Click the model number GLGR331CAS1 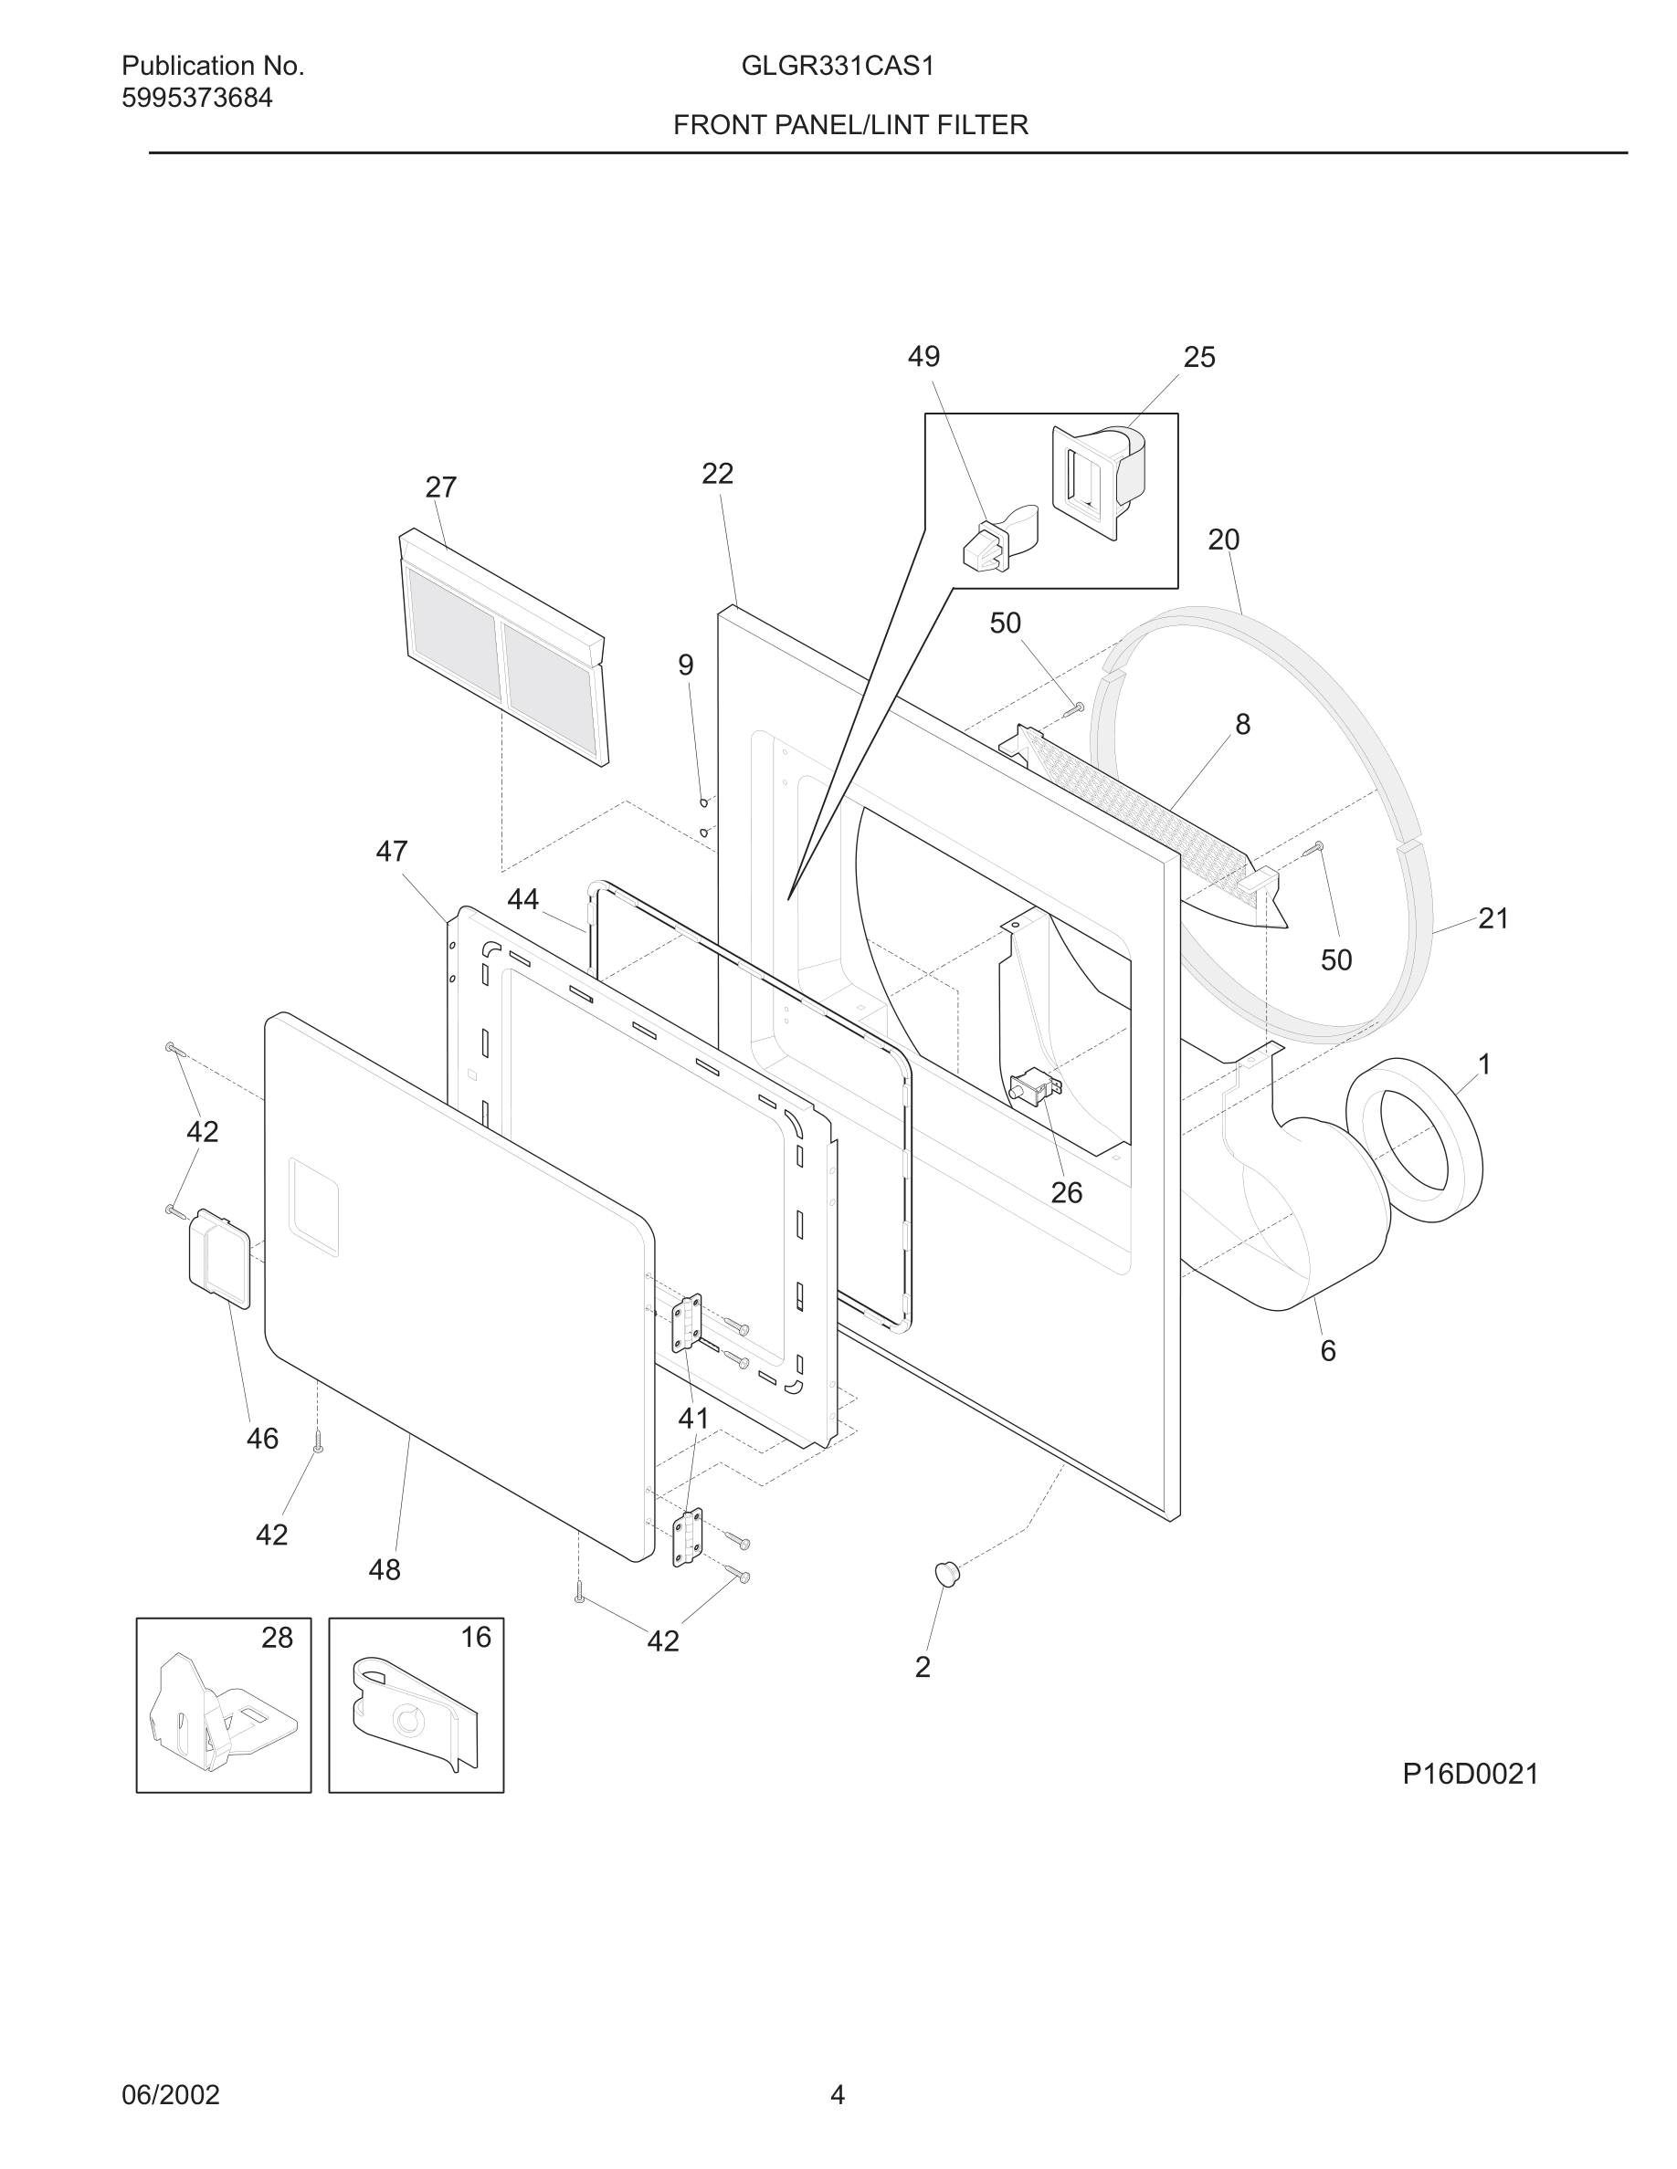pyautogui.click(x=838, y=67)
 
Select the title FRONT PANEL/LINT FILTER pyautogui.click(x=850, y=125)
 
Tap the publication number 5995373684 pyautogui.click(x=196, y=99)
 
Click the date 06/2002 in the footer pyautogui.click(x=170, y=2094)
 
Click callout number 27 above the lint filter pyautogui.click(x=440, y=487)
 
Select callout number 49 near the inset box pyautogui.click(x=923, y=357)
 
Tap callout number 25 pyautogui.click(x=1198, y=358)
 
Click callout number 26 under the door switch pyautogui.click(x=1066, y=1193)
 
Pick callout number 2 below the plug pyautogui.click(x=922, y=1668)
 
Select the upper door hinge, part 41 pyautogui.click(x=687, y=1323)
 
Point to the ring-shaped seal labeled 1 pyautogui.click(x=1414, y=1139)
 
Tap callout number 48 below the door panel pyautogui.click(x=385, y=1570)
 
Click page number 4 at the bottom pyautogui.click(x=837, y=2094)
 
